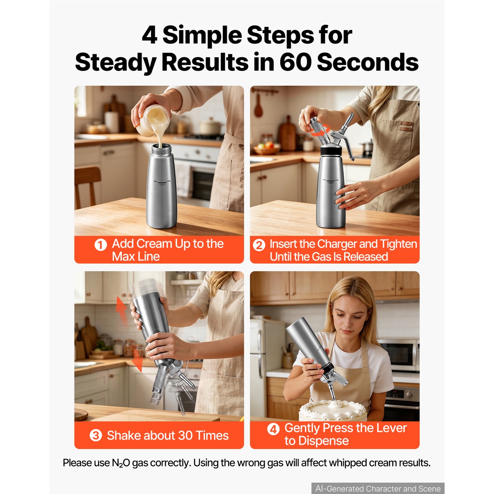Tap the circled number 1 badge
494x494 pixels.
pyautogui.click(x=100, y=245)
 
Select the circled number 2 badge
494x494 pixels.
pyautogui.click(x=259, y=245)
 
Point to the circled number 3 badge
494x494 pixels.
pyautogui.click(x=96, y=435)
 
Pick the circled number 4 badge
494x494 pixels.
pyautogui.click(x=273, y=429)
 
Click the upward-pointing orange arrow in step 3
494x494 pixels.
pyautogui.click(x=122, y=310)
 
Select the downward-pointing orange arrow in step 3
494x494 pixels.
pyautogui.click(x=137, y=360)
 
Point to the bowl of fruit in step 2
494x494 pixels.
pyautogui.click(x=266, y=148)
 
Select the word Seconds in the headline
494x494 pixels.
pyautogui.click(x=368, y=62)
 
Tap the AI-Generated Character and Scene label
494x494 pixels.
pyautogui.click(x=378, y=488)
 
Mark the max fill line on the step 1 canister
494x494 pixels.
pyautogui.click(x=162, y=182)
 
